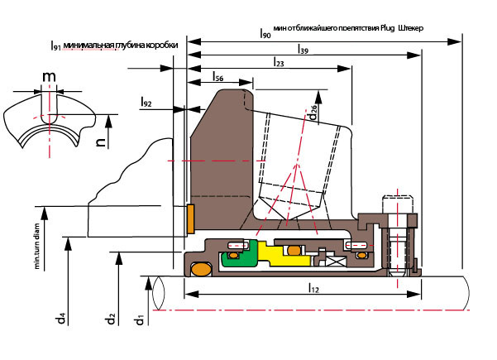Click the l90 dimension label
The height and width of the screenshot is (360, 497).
[x=265, y=33]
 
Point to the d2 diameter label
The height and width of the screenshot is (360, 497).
[x=110, y=319]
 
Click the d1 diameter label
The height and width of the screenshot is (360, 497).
[x=141, y=319]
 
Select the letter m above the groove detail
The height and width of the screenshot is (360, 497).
[x=50, y=77]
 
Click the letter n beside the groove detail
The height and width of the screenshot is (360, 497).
[x=100, y=142]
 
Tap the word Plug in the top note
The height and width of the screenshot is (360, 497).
[x=388, y=28]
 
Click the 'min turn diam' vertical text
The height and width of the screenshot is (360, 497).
[x=37, y=249]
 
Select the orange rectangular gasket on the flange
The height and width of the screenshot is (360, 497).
[x=190, y=218]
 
